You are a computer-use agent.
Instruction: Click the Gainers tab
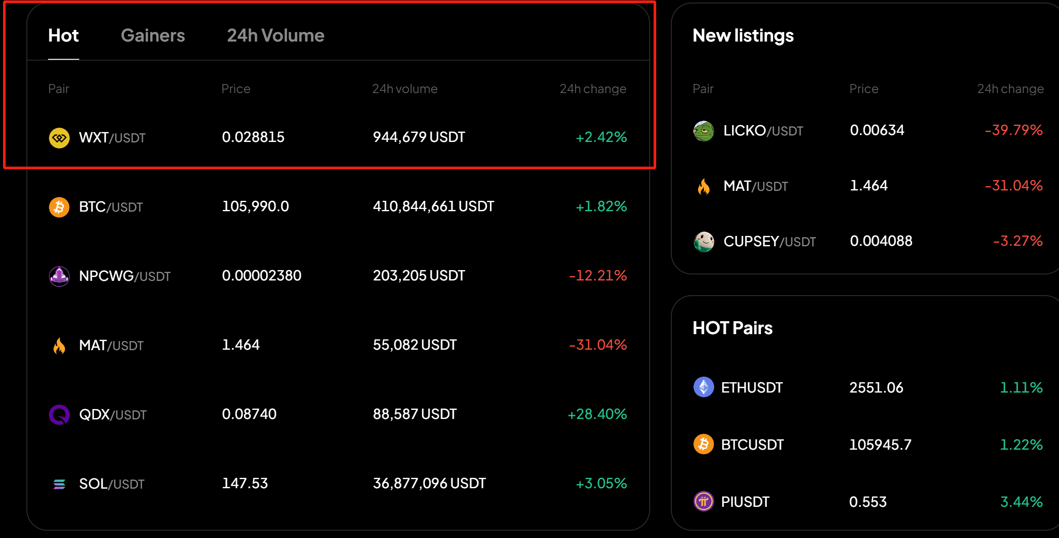152,35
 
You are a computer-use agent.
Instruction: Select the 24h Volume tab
275,35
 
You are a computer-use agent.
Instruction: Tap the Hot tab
63,35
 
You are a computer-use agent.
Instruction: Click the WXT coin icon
59,138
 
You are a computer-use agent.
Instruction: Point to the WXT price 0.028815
253,137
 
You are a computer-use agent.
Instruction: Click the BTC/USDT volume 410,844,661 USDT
433,206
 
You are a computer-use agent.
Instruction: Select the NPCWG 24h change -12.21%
598,276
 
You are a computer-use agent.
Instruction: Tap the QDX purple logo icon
59,415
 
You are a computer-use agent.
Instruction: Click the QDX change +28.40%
597,414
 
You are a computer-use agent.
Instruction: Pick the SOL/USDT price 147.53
245,483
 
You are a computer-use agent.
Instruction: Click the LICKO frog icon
704,131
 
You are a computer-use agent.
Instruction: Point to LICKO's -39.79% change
1014,130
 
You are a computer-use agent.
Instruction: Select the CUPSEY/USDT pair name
769,242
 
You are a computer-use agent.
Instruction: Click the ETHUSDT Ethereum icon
704,387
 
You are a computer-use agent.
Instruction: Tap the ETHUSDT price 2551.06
876,388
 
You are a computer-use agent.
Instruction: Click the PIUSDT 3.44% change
1021,502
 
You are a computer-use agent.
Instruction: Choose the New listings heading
743,35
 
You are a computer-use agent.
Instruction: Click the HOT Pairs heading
732,328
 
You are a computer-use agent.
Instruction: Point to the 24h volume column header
405,89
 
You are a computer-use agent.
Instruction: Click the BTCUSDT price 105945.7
880,445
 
